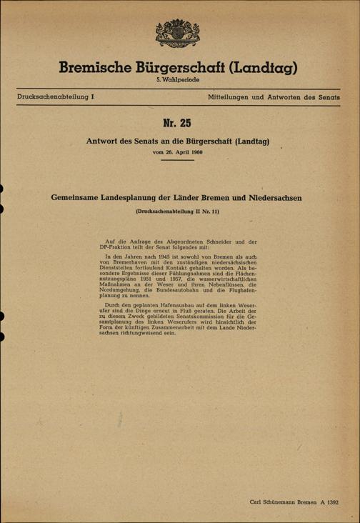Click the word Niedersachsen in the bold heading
[273, 197]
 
